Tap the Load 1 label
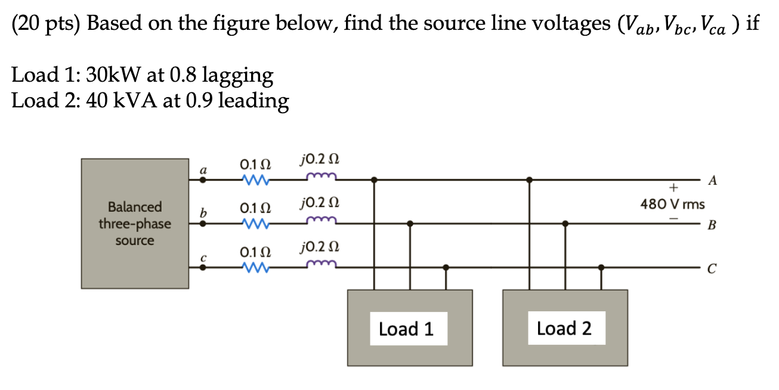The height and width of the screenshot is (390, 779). pos(406,329)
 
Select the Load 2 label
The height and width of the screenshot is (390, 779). pos(564,328)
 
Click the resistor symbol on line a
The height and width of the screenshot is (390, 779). pos(255,178)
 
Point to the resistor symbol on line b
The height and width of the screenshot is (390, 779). pos(255,224)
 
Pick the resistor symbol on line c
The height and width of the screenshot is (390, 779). pos(255,268)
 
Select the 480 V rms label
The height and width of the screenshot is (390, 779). pos(672,205)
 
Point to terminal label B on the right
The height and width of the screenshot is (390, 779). pos(711,225)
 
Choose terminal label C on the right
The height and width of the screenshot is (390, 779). pos(711,270)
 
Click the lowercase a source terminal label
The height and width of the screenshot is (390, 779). pos(203,171)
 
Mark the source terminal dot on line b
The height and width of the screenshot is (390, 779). pos(203,224)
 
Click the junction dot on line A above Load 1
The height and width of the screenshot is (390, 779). pos(374,179)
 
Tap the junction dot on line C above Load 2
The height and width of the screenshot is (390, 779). pos(601,268)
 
